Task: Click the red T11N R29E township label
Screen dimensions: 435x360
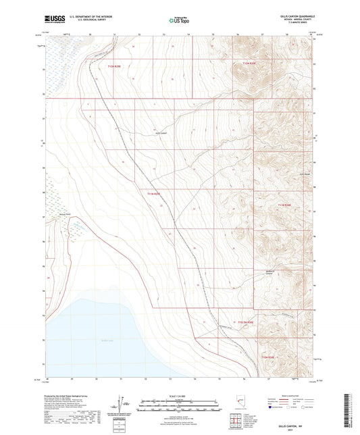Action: click(155, 194)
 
